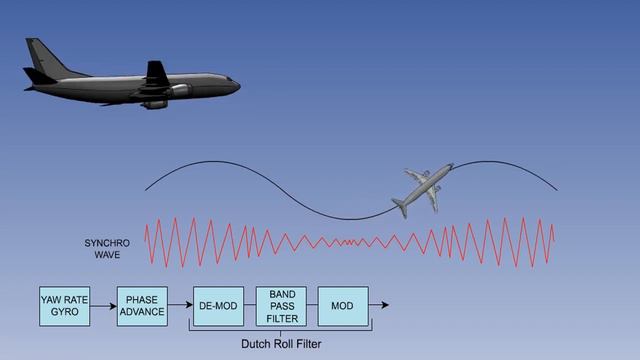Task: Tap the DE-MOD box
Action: coord(218,305)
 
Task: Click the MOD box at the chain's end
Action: coord(342,305)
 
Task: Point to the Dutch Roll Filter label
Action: coord(281,344)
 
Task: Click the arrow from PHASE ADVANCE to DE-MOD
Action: coord(180,305)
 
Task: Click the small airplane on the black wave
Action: coord(421,189)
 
